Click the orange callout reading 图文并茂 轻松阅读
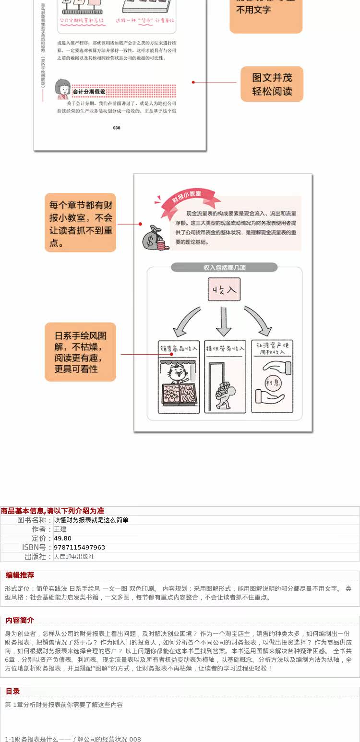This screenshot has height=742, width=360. tap(272, 84)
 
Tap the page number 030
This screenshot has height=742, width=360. tap(117, 128)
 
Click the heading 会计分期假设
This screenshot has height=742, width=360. tap(89, 91)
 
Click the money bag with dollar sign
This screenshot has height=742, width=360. tap(154, 238)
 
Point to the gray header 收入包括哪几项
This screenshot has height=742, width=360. tap(224, 267)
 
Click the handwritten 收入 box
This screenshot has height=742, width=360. tap(224, 289)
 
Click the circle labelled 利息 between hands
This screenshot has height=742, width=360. tap(272, 382)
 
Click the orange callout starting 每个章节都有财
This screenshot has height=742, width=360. tap(81, 223)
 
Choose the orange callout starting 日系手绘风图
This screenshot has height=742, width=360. tap(81, 352)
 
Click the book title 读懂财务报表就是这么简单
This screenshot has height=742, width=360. tap(91, 520)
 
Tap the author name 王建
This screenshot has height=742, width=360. tap(60, 529)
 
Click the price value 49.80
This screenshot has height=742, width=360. tap(62, 539)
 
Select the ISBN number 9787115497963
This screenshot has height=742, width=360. tap(79, 548)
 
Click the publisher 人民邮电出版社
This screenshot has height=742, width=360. tap(74, 557)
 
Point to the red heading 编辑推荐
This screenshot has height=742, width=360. tap(20, 575)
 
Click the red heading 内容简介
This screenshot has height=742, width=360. tap(20, 621)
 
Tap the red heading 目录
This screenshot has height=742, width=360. tap(12, 691)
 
